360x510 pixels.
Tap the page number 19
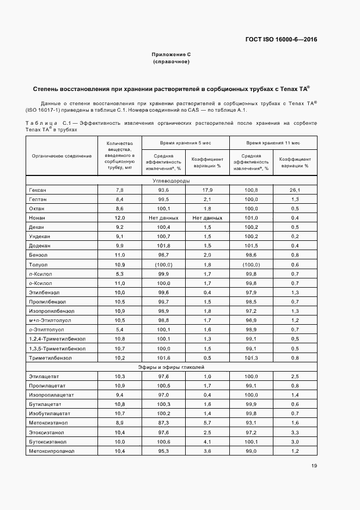click(314, 465)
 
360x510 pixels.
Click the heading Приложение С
click(171, 54)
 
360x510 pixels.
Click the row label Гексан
click(36, 190)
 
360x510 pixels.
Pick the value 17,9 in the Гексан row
click(207, 190)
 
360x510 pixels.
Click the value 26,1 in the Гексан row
click(295, 190)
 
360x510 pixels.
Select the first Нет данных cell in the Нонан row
click(163, 218)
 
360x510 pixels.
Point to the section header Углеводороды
click(171, 180)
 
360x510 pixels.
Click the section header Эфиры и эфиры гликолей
click(171, 367)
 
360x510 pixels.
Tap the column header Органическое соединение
click(62, 156)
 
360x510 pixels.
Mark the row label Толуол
click(36, 264)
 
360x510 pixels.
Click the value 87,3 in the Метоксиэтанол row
click(163, 423)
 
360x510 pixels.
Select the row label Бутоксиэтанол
click(47, 442)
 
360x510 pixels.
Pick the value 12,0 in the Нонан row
click(120, 218)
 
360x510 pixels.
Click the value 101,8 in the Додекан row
click(163, 246)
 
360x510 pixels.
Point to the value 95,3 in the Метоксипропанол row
click(163, 451)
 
